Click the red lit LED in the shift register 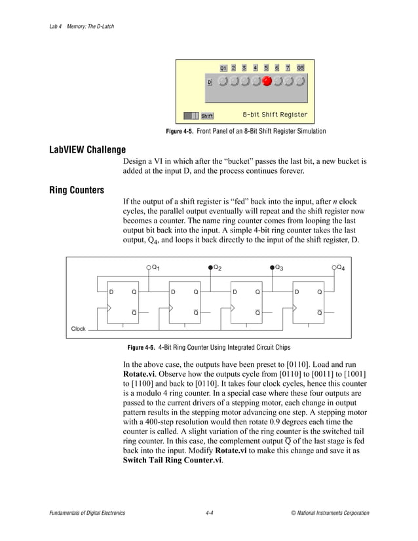267,82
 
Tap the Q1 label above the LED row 223,68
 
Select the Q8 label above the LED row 300,68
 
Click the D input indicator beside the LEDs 210,83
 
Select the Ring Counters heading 77,191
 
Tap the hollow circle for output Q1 149,267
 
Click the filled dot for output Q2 210,267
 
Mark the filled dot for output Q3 273,267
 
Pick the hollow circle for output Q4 334,267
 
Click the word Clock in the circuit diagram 79,328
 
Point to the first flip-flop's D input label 111,291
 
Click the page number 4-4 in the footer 209,513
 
